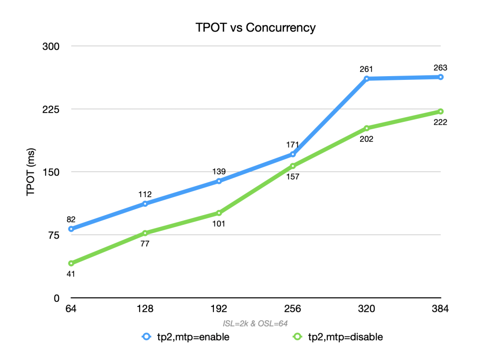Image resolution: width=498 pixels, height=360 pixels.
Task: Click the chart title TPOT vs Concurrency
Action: click(255, 28)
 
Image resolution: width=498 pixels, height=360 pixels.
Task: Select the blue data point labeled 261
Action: click(367, 78)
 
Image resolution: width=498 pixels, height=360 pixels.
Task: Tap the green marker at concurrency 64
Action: click(71, 264)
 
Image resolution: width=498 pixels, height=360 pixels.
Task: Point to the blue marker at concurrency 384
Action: click(440, 77)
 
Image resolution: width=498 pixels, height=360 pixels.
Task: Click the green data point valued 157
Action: click(293, 166)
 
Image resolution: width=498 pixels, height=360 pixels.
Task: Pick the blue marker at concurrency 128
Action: click(145, 204)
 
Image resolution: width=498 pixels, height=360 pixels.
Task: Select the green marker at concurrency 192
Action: click(219, 213)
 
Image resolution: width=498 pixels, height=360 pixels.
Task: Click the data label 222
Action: click(440, 122)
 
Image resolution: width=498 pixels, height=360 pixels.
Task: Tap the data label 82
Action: click(71, 219)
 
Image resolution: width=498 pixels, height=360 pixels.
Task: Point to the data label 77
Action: click(145, 244)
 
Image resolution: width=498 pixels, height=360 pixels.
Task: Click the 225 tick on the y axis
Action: click(51, 109)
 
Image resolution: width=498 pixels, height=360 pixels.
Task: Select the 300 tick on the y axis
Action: click(51, 47)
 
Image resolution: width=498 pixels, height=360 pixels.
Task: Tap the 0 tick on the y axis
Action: click(57, 298)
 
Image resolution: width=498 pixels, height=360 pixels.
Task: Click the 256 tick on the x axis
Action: click(292, 308)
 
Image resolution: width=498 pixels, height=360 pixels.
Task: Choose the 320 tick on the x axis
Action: click(367, 308)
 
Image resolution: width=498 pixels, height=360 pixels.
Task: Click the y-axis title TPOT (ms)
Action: click(31, 172)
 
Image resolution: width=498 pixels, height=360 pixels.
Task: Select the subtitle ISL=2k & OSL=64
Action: click(255, 324)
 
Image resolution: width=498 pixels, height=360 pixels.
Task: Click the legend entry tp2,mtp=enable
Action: click(185, 337)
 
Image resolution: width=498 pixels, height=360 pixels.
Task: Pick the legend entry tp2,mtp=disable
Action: click(338, 337)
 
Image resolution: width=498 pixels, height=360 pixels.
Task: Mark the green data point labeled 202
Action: click(367, 128)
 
